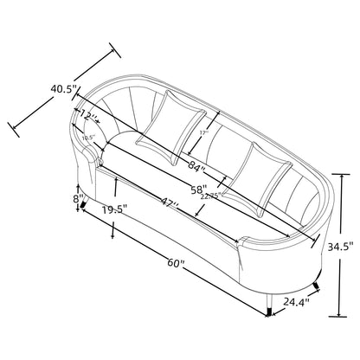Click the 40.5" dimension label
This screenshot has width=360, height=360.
[x=63, y=88]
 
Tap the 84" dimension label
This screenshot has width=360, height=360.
[x=196, y=166]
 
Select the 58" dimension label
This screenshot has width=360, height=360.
[x=199, y=190]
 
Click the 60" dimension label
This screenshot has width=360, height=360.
[x=176, y=263]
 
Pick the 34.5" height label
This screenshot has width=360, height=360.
[x=340, y=247]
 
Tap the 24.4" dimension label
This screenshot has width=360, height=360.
[x=296, y=302]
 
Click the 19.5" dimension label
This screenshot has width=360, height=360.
[x=114, y=209]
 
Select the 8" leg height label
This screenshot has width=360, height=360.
[x=76, y=199]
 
